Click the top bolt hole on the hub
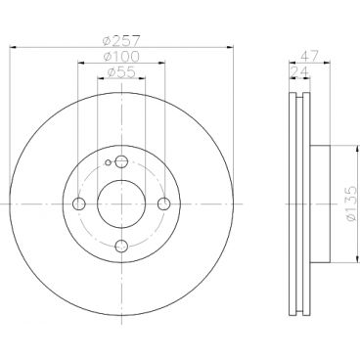(120, 162)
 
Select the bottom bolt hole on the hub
(120, 246)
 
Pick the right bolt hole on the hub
(162, 203)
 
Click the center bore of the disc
(120, 203)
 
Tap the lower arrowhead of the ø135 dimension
(338, 262)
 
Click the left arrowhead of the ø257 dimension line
(13, 47)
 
